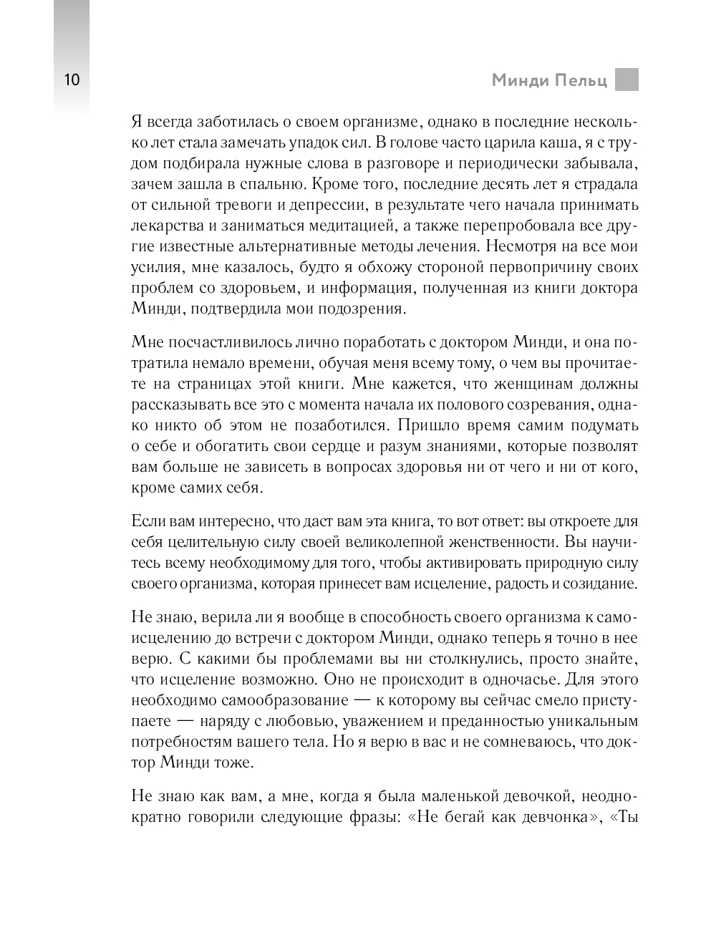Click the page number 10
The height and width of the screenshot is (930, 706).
click(72, 79)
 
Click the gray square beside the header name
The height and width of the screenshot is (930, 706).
click(627, 79)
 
